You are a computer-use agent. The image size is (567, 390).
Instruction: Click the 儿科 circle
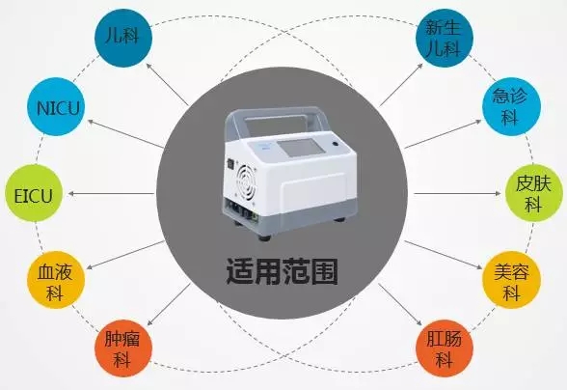tap(123, 38)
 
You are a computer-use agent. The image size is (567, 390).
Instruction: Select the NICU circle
tap(56, 107)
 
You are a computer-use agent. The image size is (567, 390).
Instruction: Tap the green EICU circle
tap(34, 194)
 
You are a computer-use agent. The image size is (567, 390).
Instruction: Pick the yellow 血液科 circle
tap(56, 280)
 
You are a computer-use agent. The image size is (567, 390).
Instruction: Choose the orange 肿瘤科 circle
tap(123, 348)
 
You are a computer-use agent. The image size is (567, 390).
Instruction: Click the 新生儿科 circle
tap(445, 38)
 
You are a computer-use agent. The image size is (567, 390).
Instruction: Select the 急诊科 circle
tap(511, 107)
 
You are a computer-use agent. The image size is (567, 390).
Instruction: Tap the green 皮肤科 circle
tap(534, 194)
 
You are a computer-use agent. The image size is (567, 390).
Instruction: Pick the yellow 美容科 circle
tap(511, 280)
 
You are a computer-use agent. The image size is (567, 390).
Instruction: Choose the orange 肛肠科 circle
tap(445, 348)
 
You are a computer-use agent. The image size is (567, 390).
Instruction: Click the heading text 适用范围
tap(283, 271)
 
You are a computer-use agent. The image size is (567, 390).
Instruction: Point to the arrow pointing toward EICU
tap(111, 194)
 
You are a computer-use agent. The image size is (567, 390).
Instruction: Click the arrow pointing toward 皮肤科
tap(457, 194)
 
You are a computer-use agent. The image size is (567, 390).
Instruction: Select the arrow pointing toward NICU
tap(125, 134)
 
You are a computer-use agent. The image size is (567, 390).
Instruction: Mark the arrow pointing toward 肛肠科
tap(400, 304)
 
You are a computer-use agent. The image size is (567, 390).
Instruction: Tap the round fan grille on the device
tap(246, 181)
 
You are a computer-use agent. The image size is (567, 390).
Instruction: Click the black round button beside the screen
tap(335, 144)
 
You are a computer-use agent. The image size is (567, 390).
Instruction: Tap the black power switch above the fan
tap(229, 165)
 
